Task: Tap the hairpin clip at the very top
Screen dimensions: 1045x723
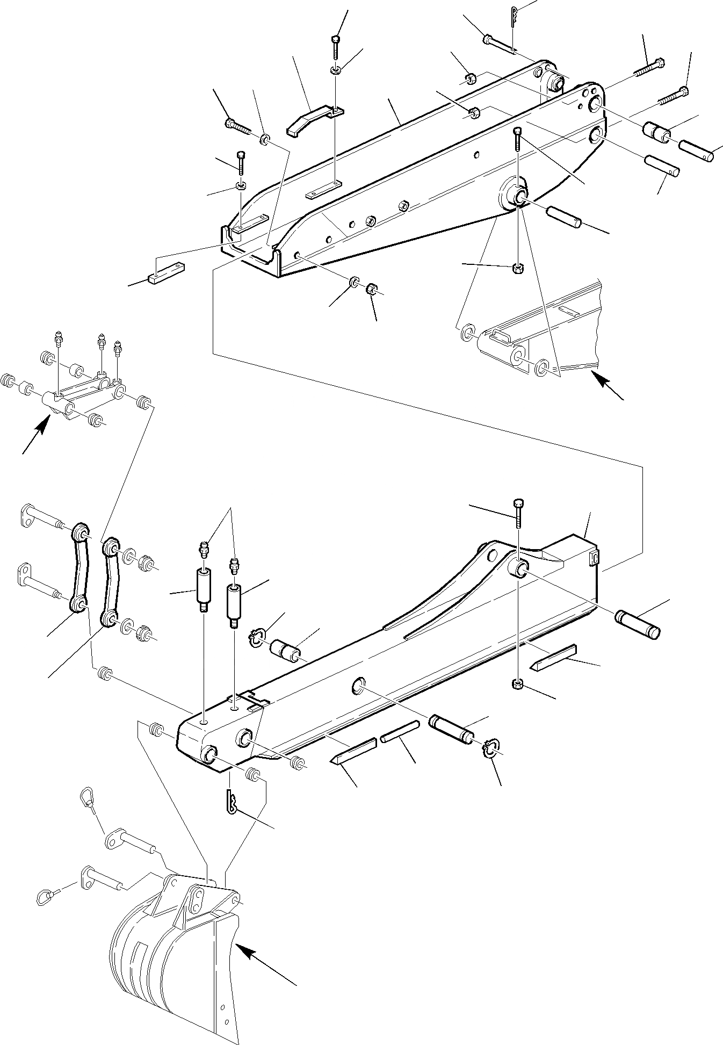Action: [515, 16]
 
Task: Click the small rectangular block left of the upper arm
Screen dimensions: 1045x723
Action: [165, 276]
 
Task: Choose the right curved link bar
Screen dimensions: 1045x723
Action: [111, 582]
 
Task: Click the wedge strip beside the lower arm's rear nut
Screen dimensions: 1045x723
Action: [553, 657]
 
